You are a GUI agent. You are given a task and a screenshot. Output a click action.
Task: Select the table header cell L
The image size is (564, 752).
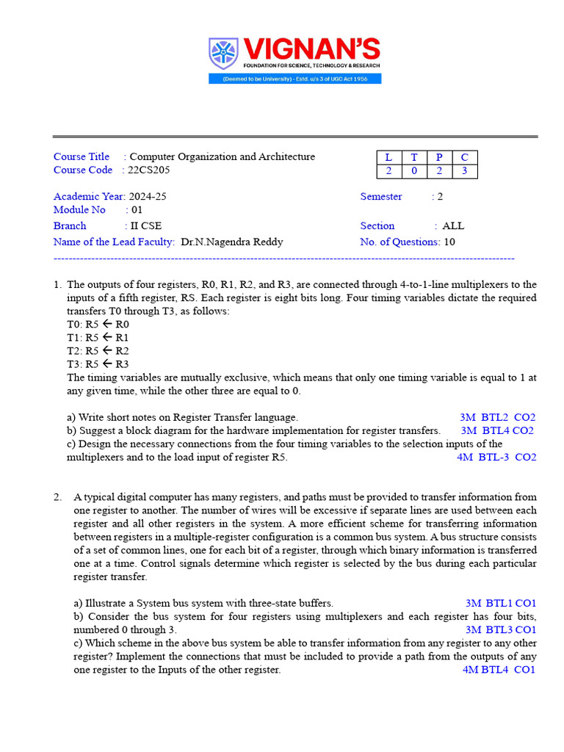(x=388, y=157)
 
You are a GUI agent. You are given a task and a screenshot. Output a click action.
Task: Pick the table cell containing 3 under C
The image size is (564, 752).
(x=464, y=171)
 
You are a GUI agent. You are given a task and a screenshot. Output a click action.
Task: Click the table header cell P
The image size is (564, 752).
(x=439, y=157)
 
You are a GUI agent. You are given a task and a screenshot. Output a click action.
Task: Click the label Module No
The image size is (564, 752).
(x=79, y=210)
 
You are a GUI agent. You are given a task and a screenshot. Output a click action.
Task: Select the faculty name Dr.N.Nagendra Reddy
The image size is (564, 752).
(x=231, y=242)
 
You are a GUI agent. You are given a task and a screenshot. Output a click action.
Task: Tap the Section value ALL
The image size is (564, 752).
(x=453, y=225)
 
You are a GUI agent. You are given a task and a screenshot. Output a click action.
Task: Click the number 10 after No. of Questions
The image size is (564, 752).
(x=449, y=242)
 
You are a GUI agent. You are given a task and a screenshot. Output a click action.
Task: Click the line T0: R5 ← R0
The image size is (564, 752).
(x=98, y=324)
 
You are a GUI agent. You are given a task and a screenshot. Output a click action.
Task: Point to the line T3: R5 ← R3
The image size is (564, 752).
(x=98, y=364)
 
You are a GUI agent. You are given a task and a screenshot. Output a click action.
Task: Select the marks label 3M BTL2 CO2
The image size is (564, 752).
(x=497, y=416)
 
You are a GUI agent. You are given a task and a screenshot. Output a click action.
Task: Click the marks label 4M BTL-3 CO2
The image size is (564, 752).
(x=496, y=457)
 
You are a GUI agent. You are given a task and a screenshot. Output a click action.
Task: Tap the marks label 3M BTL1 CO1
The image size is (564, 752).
(x=500, y=603)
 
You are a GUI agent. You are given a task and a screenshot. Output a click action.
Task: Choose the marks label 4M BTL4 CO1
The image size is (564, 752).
(x=499, y=670)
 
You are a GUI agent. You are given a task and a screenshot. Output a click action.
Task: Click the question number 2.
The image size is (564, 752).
(x=57, y=496)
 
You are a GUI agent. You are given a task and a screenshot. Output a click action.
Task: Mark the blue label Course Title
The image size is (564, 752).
(x=82, y=156)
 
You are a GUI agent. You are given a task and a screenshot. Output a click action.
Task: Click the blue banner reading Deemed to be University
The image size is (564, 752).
(x=294, y=79)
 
